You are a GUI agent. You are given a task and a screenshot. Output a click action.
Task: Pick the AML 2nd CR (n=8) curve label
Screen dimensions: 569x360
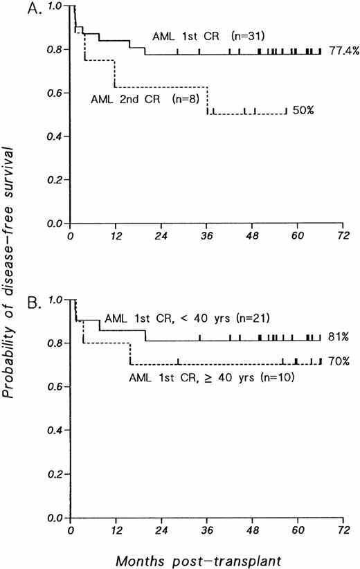(x=146, y=98)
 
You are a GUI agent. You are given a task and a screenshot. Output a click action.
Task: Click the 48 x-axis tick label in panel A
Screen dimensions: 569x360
(x=251, y=235)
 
